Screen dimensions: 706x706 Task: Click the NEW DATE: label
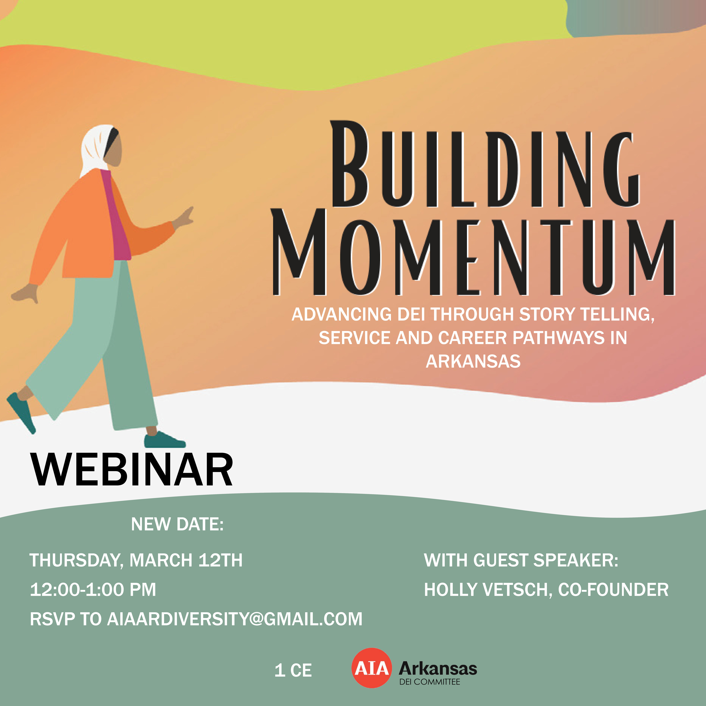[x=177, y=524]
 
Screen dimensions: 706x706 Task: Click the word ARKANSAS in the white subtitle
[x=473, y=361]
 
